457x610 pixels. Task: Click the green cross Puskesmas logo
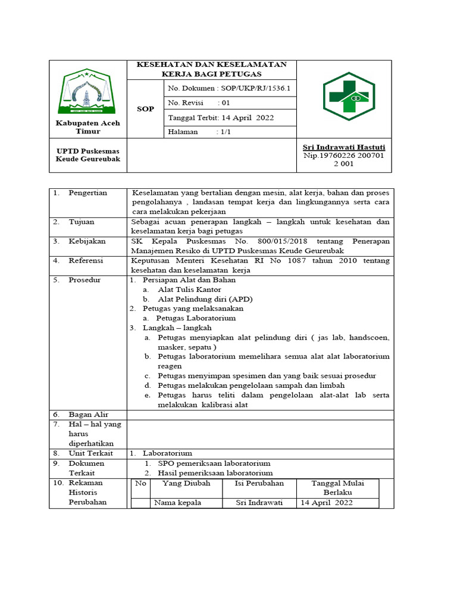(346, 95)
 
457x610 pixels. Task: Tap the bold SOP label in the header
(145, 110)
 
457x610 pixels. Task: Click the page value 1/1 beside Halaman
(225, 132)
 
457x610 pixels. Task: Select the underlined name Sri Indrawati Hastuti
(344, 147)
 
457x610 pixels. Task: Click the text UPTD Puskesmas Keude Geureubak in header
(87, 155)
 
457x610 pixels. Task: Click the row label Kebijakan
(87, 241)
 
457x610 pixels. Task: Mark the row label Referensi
(86, 260)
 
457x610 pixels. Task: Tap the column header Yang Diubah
(186, 483)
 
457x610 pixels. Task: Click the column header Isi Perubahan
(259, 483)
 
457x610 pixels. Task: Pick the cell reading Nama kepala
(177, 502)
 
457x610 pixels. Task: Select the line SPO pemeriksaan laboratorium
(214, 463)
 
